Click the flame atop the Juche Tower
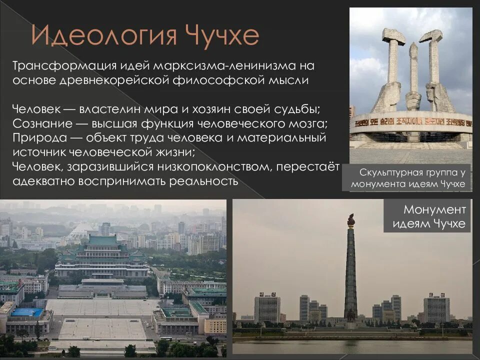[351, 220]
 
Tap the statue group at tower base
[351, 314]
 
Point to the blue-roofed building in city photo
[25, 312]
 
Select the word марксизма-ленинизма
[228, 66]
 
